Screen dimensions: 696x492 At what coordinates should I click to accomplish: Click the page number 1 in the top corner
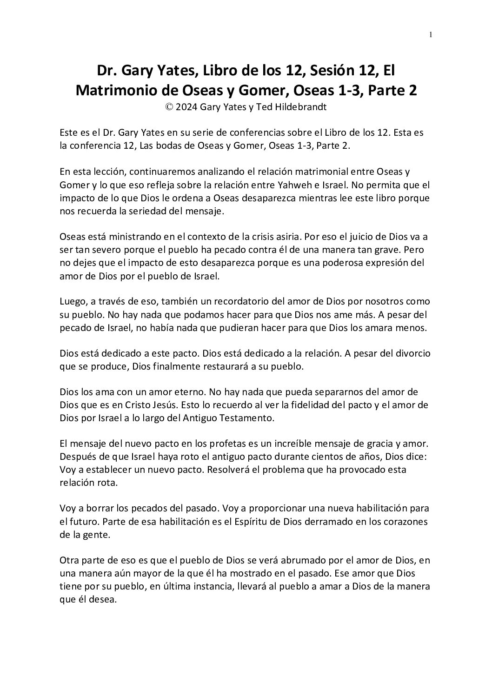(x=431, y=35)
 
